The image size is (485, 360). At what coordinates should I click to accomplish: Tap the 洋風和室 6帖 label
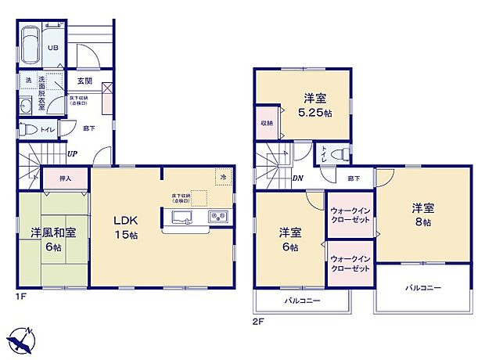52,239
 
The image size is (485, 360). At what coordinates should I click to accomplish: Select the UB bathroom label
54,48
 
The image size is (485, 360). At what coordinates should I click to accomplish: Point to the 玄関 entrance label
84,81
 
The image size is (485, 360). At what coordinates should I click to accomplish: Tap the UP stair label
71,153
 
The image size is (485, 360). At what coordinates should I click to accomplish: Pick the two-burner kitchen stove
216,216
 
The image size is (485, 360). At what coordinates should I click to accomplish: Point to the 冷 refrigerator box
225,177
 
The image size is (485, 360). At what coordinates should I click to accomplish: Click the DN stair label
297,178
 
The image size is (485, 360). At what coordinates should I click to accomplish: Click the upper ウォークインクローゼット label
350,214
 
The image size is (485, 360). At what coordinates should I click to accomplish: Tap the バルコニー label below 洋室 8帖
423,288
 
